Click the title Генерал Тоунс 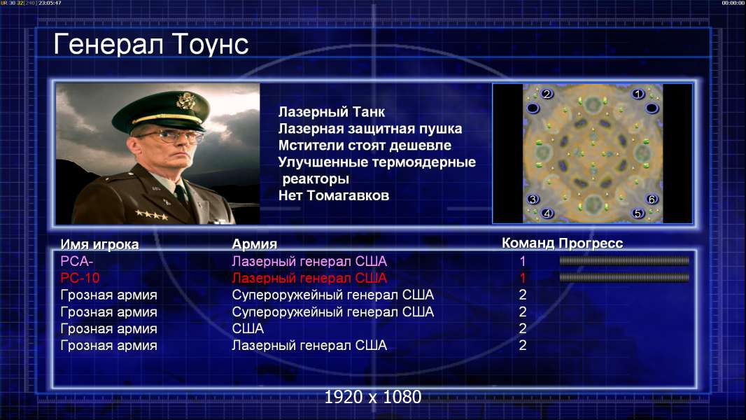(151, 45)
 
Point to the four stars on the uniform (151, 214)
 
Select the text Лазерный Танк (331, 112)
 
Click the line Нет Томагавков (334, 195)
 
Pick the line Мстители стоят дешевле (365, 146)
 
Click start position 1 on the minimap (638, 94)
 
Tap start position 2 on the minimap (547, 94)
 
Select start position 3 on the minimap (533, 199)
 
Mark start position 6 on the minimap (652, 199)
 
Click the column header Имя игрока (99, 244)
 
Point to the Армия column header (255, 244)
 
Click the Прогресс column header (591, 243)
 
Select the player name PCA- (76, 261)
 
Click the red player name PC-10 (80, 278)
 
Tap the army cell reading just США (248, 328)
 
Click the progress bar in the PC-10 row (624, 277)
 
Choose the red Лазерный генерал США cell (309, 278)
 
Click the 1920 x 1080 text (372, 397)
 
